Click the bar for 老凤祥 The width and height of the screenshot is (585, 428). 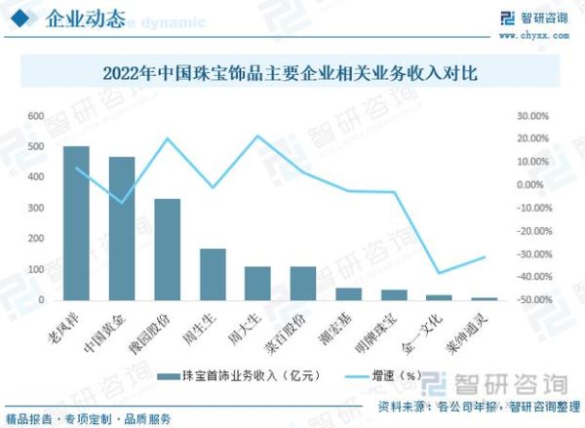(76, 223)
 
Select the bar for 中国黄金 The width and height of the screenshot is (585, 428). (122, 228)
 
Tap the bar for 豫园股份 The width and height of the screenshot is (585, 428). (167, 250)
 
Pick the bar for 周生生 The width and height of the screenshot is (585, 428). (213, 274)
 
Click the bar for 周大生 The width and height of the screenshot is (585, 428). (257, 283)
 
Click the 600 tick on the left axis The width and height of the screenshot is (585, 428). (35, 116)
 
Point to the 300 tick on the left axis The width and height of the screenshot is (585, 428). (35, 208)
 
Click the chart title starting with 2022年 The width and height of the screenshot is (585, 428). (292, 73)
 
